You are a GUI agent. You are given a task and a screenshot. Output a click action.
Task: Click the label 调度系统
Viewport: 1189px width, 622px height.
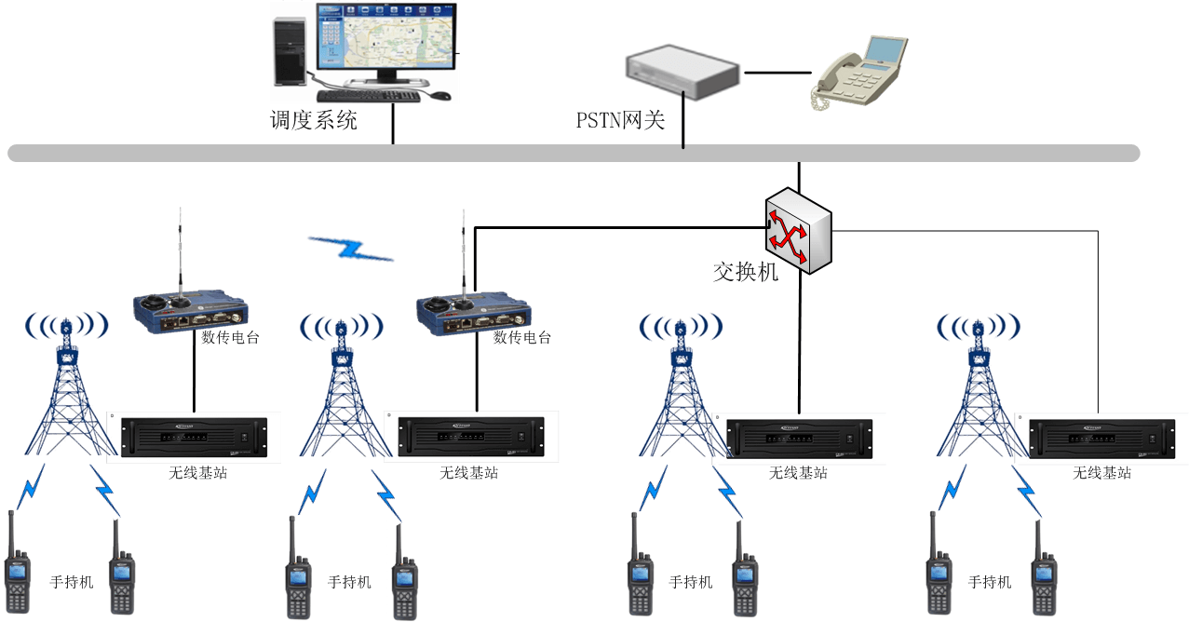tap(314, 120)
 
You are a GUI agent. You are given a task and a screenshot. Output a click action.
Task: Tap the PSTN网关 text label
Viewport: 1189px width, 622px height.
tap(620, 120)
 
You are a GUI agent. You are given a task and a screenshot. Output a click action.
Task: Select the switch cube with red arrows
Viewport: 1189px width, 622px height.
tap(797, 230)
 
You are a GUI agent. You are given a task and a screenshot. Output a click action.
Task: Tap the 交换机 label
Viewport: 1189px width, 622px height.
tap(745, 272)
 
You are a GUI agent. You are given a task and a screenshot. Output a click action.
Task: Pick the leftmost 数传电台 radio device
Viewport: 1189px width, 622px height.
tap(190, 309)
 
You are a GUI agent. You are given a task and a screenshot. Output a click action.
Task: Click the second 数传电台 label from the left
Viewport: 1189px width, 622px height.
tap(522, 337)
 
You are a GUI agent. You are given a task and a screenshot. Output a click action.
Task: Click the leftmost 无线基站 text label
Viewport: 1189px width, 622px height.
tap(198, 472)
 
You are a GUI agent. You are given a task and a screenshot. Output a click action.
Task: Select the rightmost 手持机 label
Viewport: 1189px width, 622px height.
tap(990, 582)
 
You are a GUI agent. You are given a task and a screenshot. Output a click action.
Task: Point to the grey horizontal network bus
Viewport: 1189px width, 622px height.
tap(573, 153)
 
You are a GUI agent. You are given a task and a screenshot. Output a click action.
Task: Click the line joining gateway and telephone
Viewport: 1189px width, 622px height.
tap(777, 72)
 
